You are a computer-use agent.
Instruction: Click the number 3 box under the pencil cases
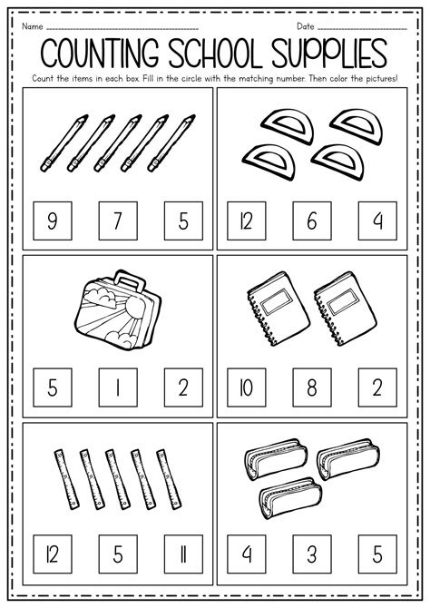(x=311, y=550)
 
